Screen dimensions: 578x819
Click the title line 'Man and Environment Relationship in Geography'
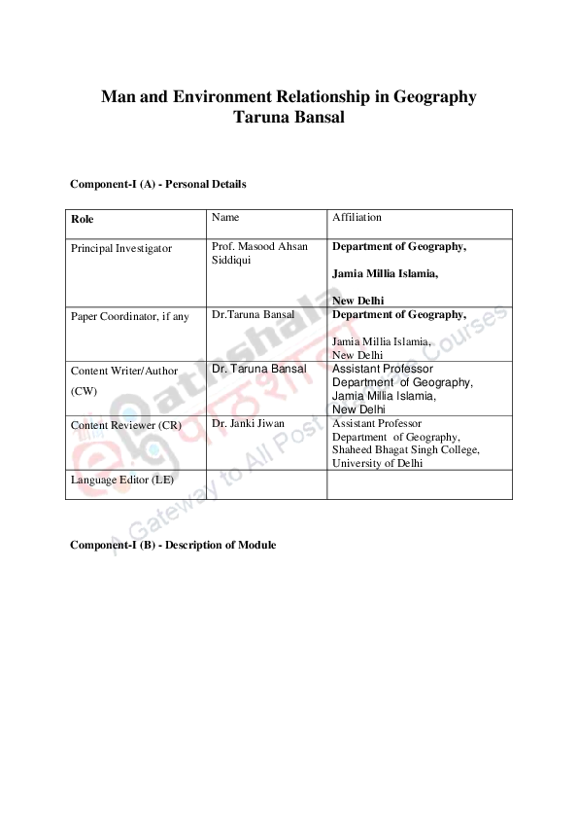289,97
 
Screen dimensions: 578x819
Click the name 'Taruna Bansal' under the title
289,118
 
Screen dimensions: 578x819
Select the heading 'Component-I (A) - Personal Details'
157,184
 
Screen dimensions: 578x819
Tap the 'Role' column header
83,219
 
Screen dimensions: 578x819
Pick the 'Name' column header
224,217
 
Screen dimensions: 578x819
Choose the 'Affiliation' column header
357,217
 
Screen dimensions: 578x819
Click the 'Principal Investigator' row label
121,248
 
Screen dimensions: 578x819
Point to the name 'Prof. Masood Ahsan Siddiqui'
258,253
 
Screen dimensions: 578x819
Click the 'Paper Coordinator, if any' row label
129,316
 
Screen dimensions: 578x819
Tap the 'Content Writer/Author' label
124,371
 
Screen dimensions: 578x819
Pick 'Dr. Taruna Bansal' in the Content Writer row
258,369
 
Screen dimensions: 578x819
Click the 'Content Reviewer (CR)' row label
125,425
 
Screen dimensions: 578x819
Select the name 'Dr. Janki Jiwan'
248,423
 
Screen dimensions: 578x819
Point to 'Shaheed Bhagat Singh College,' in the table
405,449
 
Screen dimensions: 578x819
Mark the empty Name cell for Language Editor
265,484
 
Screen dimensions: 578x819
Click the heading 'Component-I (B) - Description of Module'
173,545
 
